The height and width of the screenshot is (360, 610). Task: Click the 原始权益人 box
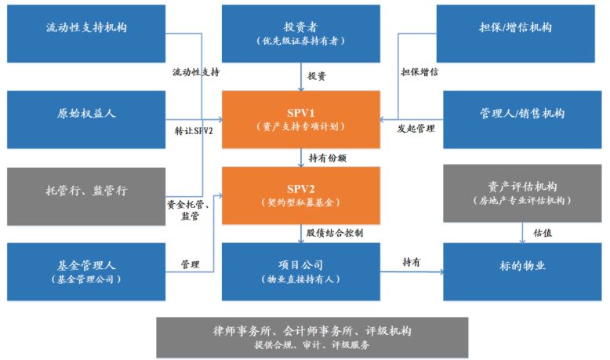point(86,114)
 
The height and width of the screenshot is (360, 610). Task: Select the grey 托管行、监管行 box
point(86,191)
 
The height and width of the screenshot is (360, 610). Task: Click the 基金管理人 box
point(86,271)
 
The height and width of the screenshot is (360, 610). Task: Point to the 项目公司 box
point(301,271)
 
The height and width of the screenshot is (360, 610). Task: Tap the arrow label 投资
point(318,77)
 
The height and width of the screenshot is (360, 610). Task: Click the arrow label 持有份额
point(328,158)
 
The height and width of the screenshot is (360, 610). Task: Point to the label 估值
point(542,232)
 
